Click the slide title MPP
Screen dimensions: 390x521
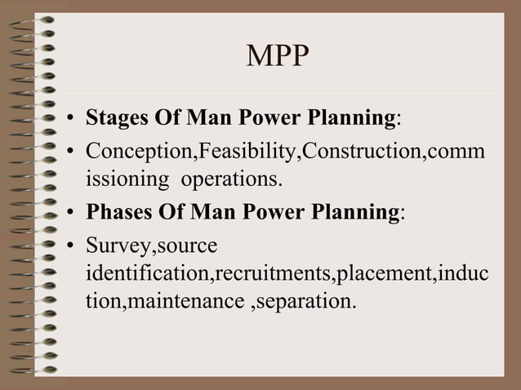pyautogui.click(x=278, y=57)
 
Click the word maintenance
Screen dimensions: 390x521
pyautogui.click(x=198, y=300)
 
